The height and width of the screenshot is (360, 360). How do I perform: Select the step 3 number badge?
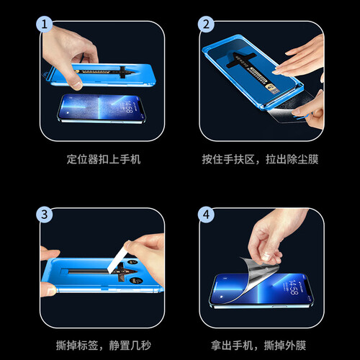point(44,214)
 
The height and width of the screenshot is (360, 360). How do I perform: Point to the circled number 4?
point(207,214)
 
